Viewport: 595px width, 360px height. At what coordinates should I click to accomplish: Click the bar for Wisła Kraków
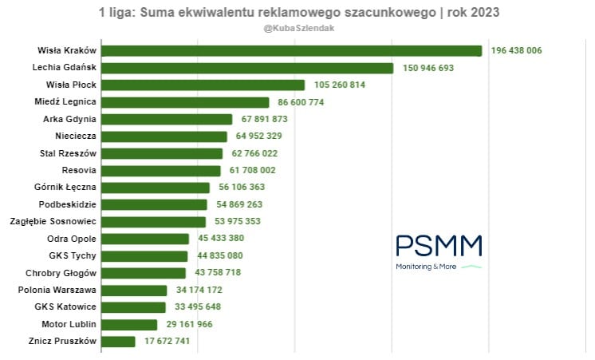click(x=291, y=50)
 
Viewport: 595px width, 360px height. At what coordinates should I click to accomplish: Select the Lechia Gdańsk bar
click(x=247, y=68)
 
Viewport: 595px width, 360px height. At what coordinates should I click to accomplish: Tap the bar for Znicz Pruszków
click(x=118, y=342)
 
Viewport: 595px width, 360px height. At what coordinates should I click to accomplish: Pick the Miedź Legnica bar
click(x=185, y=102)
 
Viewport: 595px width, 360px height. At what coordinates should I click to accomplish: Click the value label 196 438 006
click(x=516, y=50)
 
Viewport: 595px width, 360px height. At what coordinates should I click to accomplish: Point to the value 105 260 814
click(x=340, y=85)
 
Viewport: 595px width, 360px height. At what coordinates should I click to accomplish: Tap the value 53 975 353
click(x=237, y=222)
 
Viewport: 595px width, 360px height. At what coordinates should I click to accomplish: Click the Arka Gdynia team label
click(x=69, y=119)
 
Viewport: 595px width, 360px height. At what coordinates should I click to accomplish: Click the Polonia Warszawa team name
click(x=57, y=290)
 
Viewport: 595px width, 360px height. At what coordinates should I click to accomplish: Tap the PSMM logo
click(x=439, y=246)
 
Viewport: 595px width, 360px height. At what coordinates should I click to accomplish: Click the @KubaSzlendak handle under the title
click(x=297, y=29)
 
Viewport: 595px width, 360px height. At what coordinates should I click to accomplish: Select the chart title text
click(x=297, y=13)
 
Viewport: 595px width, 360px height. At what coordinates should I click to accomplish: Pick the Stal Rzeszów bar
click(x=162, y=153)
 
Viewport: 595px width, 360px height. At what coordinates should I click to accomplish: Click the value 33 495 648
click(x=199, y=307)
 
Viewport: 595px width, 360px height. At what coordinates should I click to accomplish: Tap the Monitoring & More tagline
click(x=427, y=267)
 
